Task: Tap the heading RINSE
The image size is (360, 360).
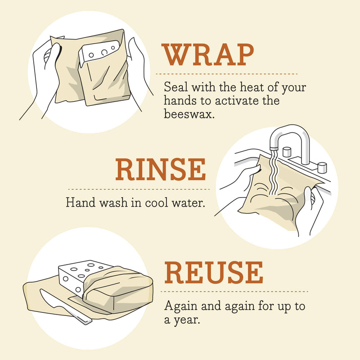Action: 160,170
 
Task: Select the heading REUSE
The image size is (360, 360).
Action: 213,272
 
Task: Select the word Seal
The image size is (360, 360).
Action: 175,86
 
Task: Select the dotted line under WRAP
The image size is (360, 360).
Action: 226,73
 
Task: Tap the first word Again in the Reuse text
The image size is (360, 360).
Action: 179,307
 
